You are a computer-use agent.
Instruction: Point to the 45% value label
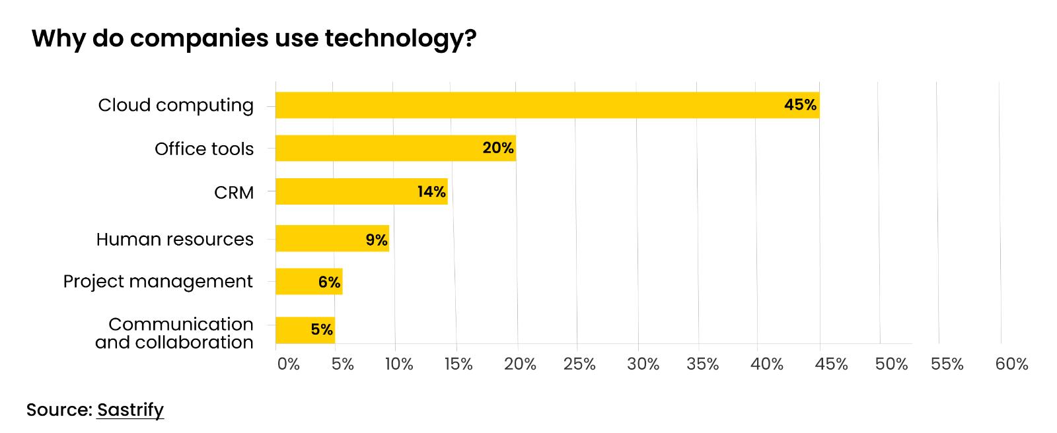click(800, 105)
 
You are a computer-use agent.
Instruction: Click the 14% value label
click(431, 192)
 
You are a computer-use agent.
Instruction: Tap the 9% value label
click(377, 240)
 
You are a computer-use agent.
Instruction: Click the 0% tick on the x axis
click(289, 364)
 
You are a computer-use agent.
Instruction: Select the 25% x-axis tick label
click(579, 364)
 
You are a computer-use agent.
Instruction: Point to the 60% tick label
click(1011, 364)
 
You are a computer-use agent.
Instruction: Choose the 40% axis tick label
click(766, 364)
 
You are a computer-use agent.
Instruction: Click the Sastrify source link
click(130, 410)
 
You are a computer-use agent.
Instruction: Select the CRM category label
click(234, 193)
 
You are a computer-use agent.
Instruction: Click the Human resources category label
click(174, 239)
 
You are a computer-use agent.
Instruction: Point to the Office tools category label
click(204, 149)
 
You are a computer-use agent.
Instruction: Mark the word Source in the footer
click(58, 410)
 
